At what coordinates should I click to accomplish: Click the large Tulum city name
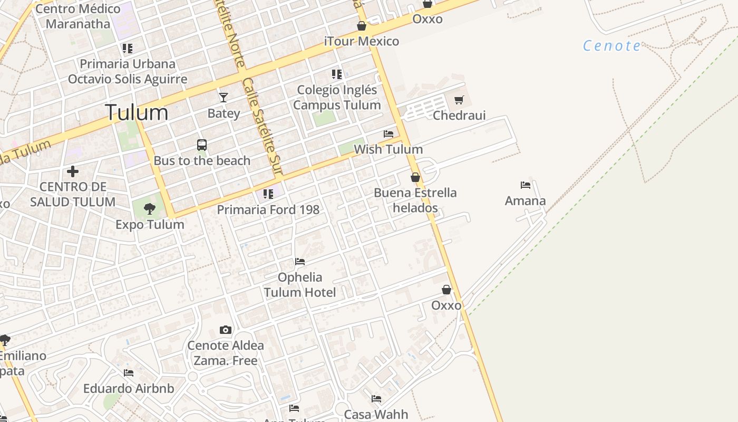pos(137,112)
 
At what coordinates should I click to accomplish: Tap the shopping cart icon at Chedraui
pos(459,100)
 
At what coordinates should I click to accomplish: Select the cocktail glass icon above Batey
pos(224,98)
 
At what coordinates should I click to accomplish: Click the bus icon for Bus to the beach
pos(201,145)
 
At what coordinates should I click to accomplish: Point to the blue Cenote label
pos(612,46)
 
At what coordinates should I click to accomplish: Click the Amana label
pos(525,201)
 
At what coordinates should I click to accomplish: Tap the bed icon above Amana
pos(525,185)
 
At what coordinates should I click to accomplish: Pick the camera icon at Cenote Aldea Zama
pos(226,330)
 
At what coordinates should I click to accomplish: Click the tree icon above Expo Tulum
pos(150,209)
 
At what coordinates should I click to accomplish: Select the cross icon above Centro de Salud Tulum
pos(73,171)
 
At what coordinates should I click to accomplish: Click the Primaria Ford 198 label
pos(268,209)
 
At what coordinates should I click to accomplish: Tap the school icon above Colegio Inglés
pos(336,74)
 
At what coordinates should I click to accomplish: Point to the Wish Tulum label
pos(388,149)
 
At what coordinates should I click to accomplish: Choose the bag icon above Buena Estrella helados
pos(415,177)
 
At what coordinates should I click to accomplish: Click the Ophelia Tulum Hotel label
pos(300,285)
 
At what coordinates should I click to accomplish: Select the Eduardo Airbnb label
pos(129,389)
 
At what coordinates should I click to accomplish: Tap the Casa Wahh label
pos(376,414)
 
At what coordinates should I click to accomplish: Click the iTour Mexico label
pos(362,41)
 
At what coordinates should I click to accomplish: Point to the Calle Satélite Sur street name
pos(262,127)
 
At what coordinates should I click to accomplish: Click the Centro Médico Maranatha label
pos(78,16)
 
